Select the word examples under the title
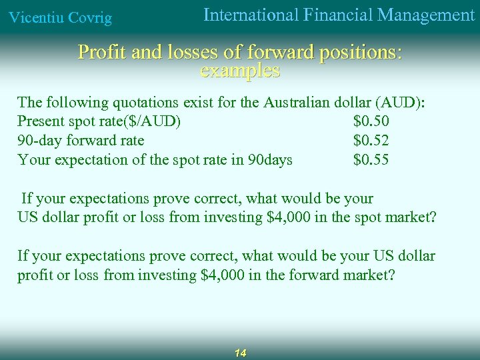[x=240, y=70]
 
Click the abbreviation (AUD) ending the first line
[x=401, y=103]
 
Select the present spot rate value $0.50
[x=371, y=121]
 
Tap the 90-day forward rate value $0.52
[x=371, y=141]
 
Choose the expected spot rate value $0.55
[x=371, y=160]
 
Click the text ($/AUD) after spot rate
[x=154, y=121]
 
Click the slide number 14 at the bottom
[x=241, y=353]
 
